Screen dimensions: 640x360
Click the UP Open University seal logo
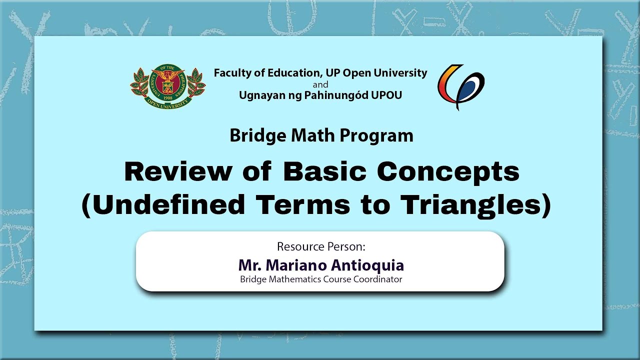(168, 86)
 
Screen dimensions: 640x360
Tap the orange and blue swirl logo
(461, 87)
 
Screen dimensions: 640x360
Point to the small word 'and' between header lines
(320, 85)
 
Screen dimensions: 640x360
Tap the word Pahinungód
(335, 95)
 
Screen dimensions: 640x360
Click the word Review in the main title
(178, 172)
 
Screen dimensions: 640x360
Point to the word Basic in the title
(325, 172)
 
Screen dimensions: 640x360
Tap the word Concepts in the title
(448, 172)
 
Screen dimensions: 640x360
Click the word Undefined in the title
(163, 204)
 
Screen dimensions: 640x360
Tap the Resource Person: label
(321, 246)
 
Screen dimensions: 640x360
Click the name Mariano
(296, 265)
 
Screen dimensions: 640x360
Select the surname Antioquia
(367, 266)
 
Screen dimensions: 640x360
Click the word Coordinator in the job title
(377, 279)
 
